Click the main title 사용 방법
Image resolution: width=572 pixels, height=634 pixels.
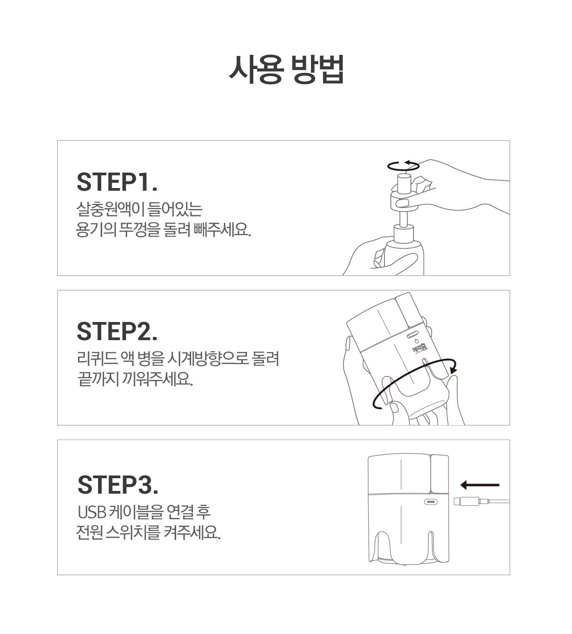pyautogui.click(x=286, y=69)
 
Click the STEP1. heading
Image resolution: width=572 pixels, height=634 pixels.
pyautogui.click(x=117, y=182)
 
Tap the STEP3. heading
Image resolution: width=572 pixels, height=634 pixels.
pyautogui.click(x=118, y=485)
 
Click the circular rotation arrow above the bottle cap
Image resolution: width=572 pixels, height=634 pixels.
pyautogui.click(x=404, y=166)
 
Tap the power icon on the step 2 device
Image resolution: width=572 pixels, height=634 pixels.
pyautogui.click(x=416, y=341)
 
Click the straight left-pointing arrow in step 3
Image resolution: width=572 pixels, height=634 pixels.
pyautogui.click(x=480, y=485)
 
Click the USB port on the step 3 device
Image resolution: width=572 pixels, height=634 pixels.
pyautogui.click(x=431, y=501)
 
